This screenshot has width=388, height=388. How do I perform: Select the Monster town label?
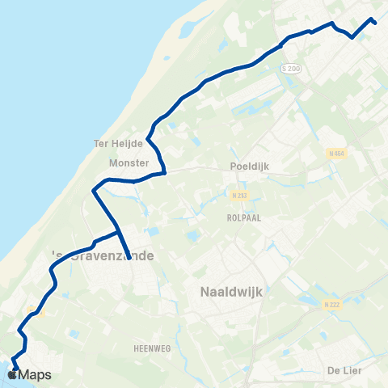pos(128,162)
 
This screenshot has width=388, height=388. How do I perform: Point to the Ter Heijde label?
pos(118,143)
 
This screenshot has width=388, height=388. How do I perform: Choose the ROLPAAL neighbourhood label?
pos(242,217)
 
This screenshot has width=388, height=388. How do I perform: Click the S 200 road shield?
pos(292,70)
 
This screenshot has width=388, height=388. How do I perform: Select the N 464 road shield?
pos(337,153)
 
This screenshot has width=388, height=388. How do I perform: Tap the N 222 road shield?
pos(330,304)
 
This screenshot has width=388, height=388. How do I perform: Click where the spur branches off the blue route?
pos(119,233)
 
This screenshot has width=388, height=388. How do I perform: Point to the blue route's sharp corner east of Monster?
pos(165,171)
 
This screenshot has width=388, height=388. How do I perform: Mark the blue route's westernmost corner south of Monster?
pos(94,192)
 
